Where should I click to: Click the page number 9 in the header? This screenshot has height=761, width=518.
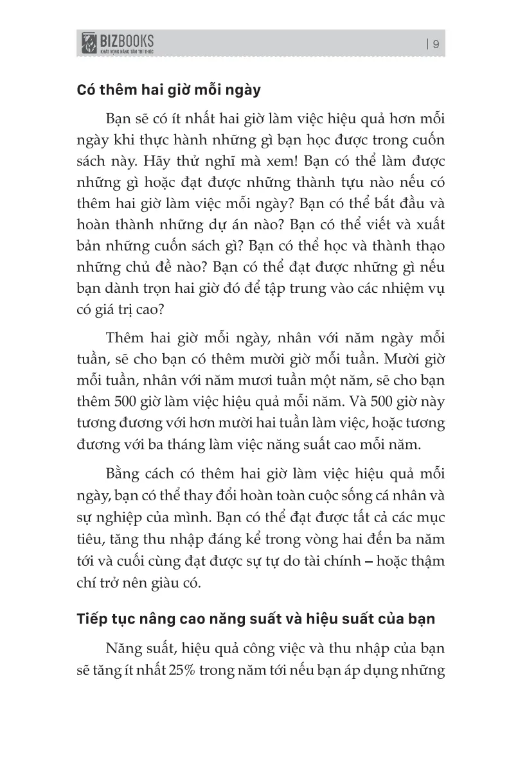(436, 44)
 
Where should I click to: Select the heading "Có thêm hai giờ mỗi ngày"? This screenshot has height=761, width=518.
(169, 89)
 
